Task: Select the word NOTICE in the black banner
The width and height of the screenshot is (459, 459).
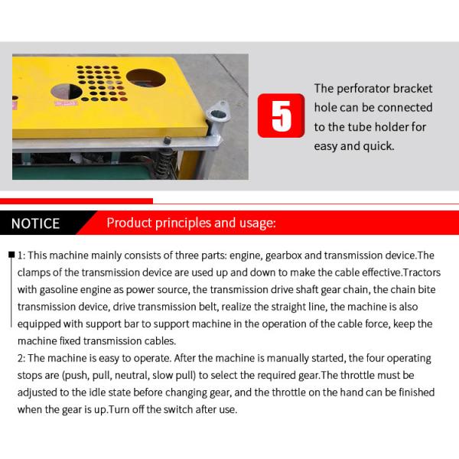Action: (x=36, y=223)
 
